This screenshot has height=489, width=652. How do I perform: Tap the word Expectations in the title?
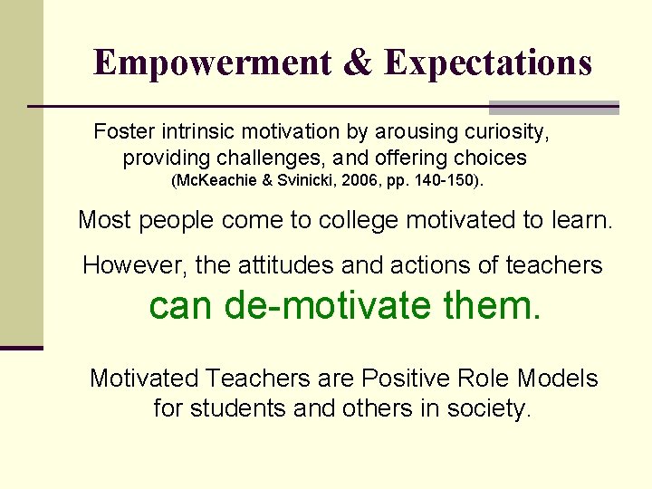tap(487, 62)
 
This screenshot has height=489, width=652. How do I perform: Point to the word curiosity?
tap(501, 132)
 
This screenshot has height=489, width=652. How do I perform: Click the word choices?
tap(488, 158)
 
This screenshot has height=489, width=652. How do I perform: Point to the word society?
tap(488, 408)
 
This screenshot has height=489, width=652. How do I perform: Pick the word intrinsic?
tap(197, 132)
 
